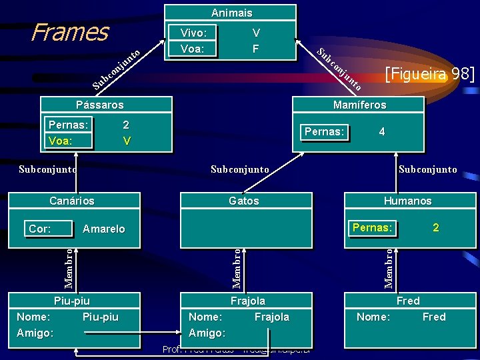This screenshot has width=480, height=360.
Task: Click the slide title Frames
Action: (x=70, y=31)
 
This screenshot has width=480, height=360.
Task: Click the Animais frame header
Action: (x=231, y=13)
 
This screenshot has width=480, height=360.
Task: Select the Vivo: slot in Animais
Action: (x=193, y=33)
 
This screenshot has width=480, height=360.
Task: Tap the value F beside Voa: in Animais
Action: (x=256, y=49)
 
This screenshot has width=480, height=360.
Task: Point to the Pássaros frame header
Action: (x=99, y=105)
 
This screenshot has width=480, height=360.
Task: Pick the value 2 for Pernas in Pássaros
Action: (x=126, y=125)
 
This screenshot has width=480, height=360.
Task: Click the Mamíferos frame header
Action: (x=359, y=105)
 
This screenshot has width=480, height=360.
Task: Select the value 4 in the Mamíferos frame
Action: (x=381, y=132)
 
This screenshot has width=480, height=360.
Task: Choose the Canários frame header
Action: (x=72, y=201)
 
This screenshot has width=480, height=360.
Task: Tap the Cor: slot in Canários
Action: (x=40, y=229)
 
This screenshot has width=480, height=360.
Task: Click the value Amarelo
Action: (x=103, y=229)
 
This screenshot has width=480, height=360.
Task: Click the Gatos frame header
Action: (x=243, y=201)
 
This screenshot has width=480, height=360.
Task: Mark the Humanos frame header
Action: (x=407, y=201)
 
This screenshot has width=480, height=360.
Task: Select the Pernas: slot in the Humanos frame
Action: (x=373, y=227)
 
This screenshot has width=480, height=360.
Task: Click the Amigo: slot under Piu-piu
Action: (x=34, y=333)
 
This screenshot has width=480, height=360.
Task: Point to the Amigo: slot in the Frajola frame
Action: (x=207, y=333)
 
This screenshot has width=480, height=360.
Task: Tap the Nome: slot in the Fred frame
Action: (x=373, y=317)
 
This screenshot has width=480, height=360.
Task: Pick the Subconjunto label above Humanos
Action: (x=427, y=169)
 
